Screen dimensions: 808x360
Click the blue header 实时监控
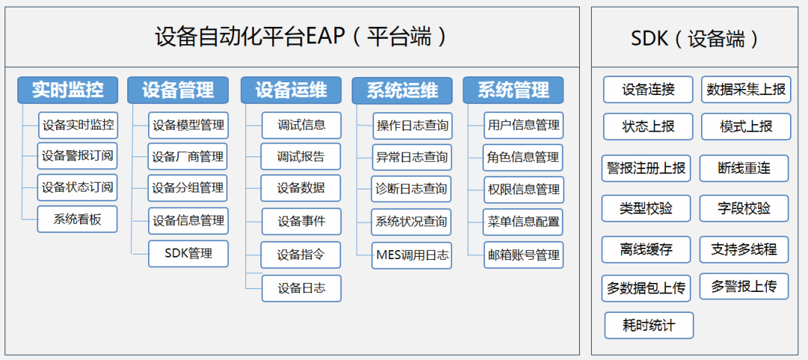67,90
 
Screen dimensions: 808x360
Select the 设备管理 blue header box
178,90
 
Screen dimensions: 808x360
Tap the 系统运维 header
402,91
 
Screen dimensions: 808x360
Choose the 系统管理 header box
513,90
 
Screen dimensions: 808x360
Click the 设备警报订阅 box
77,156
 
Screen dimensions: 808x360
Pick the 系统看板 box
77,219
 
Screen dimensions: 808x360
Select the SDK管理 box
188,254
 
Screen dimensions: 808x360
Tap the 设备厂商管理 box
188,156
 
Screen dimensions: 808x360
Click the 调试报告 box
301,156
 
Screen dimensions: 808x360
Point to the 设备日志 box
302,288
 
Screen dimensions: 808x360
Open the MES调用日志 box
412,255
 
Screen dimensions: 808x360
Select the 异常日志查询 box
412,157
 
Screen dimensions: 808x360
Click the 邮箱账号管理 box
523,254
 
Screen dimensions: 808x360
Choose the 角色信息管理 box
523,157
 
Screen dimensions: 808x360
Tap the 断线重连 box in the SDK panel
744,168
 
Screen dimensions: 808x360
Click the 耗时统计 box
649,326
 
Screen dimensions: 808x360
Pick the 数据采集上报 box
746,90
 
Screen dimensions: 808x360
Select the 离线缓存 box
646,250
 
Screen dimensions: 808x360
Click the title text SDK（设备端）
695,39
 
